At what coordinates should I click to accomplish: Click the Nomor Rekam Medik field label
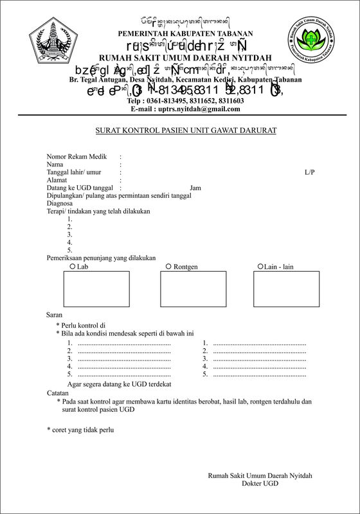point(75,156)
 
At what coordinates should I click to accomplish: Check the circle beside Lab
point(71,265)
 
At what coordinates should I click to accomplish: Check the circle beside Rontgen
point(168,265)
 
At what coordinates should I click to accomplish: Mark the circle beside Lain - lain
point(260,265)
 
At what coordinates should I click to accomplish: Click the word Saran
point(54,315)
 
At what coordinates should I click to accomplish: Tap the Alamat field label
point(57,181)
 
